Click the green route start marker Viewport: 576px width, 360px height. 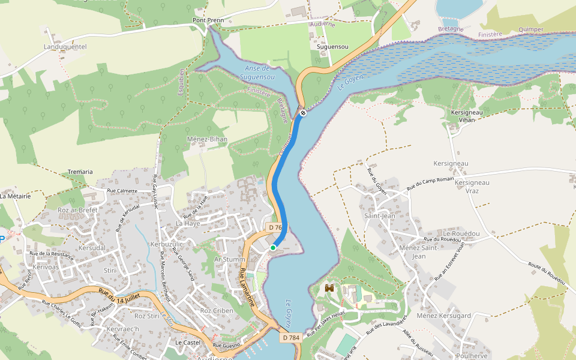(x=272, y=247)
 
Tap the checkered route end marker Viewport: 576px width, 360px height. (x=303, y=112)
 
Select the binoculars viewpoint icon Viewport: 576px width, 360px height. (x=329, y=288)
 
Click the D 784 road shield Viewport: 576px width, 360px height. (x=290, y=338)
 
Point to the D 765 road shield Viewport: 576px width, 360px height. (x=275, y=227)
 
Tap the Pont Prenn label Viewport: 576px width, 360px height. (x=208, y=20)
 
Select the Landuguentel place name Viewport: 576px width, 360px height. (x=65, y=46)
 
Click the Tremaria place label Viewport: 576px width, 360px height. (x=80, y=172)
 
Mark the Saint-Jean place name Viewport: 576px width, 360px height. (x=380, y=216)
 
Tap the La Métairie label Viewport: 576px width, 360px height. (x=15, y=196)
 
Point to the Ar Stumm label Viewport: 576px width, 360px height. (x=227, y=259)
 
